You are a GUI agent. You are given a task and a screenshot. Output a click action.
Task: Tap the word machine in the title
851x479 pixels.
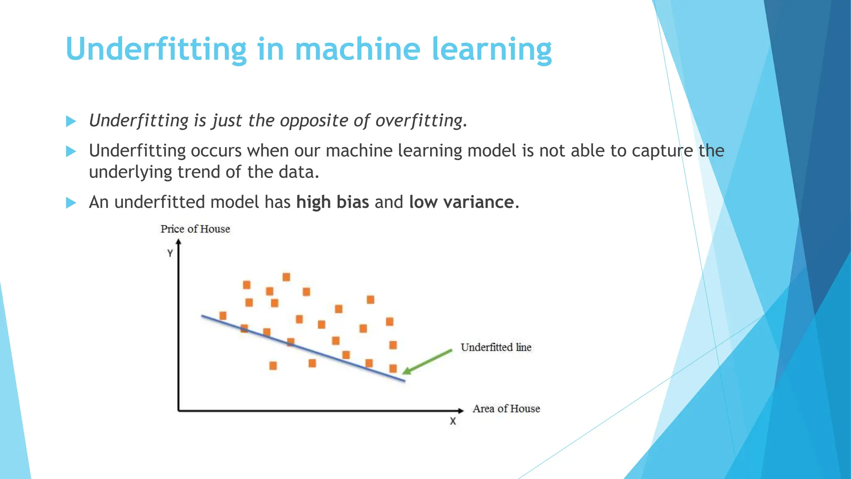pyautogui.click(x=357, y=49)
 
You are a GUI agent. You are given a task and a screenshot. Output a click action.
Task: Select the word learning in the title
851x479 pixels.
pyautogui.click(x=492, y=50)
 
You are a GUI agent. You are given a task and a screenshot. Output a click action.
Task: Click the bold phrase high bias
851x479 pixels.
pyautogui.click(x=332, y=202)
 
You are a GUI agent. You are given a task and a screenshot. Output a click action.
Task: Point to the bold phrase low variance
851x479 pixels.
pyautogui.click(x=461, y=202)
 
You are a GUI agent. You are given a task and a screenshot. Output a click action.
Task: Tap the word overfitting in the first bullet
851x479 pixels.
pyautogui.click(x=419, y=121)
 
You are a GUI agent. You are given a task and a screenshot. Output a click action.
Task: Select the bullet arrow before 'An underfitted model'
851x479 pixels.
pyautogui.click(x=71, y=203)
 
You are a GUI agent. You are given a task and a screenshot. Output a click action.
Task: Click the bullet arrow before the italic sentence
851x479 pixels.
pyautogui.click(x=71, y=121)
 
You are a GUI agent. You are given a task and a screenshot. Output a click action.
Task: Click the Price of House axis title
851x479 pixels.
pyautogui.click(x=195, y=229)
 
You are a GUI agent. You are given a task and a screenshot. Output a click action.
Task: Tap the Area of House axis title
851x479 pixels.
pyautogui.click(x=506, y=409)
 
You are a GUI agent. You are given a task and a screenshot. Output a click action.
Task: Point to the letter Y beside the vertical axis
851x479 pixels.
pyautogui.click(x=170, y=253)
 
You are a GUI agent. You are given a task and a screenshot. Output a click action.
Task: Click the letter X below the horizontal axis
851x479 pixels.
pyautogui.click(x=453, y=421)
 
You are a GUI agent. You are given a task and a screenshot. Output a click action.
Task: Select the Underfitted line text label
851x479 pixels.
pyautogui.click(x=496, y=347)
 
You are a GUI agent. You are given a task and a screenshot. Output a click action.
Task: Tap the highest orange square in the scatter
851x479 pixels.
pyautogui.click(x=286, y=277)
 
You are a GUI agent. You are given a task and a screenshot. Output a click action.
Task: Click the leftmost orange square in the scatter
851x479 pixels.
pyautogui.click(x=223, y=316)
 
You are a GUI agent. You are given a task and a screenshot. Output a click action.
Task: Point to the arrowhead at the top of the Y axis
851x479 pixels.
pyautogui.click(x=178, y=242)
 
